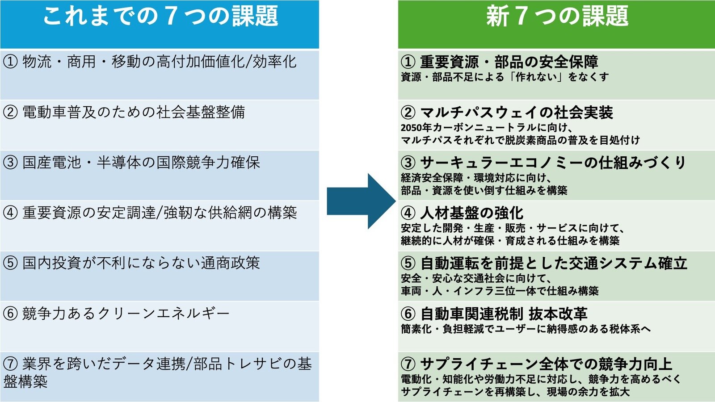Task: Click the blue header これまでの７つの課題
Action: click(x=160, y=17)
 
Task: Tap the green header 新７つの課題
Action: click(x=557, y=17)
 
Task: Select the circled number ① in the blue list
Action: click(x=10, y=62)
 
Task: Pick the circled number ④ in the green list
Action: click(x=408, y=213)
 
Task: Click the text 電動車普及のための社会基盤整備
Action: click(x=134, y=112)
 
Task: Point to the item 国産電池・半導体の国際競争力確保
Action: click(x=141, y=163)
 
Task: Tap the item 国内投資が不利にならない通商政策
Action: click(x=141, y=263)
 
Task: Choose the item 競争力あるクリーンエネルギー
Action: click(x=126, y=314)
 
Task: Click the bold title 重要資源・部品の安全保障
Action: click(x=509, y=62)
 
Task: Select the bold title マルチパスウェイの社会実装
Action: click(x=517, y=113)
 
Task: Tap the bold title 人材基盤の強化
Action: click(x=471, y=213)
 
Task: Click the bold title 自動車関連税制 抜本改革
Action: click(x=504, y=314)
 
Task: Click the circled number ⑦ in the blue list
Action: click(x=10, y=364)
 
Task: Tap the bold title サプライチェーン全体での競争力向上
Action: click(x=546, y=364)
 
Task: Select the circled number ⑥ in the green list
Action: click(x=408, y=314)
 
